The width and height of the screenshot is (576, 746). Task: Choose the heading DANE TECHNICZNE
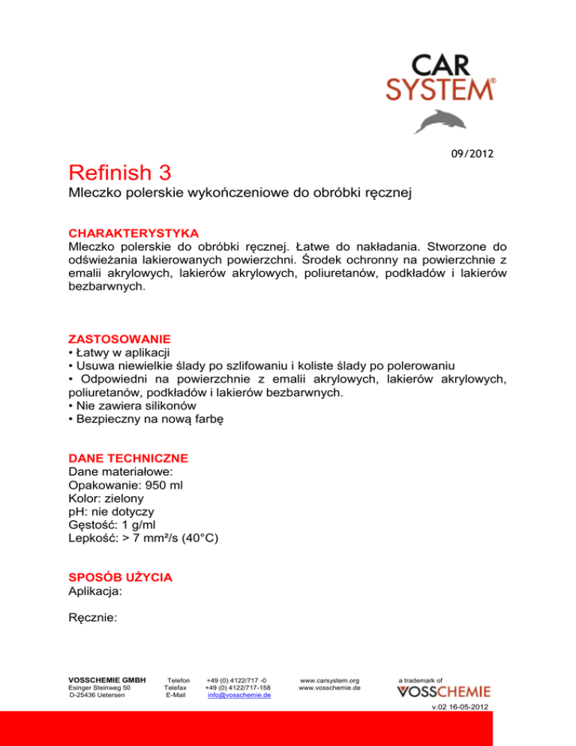click(128, 457)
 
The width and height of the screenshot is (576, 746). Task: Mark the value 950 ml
click(162, 485)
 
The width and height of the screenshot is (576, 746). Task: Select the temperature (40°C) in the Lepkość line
click(191, 539)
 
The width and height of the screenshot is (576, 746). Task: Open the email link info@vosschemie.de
click(238, 695)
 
